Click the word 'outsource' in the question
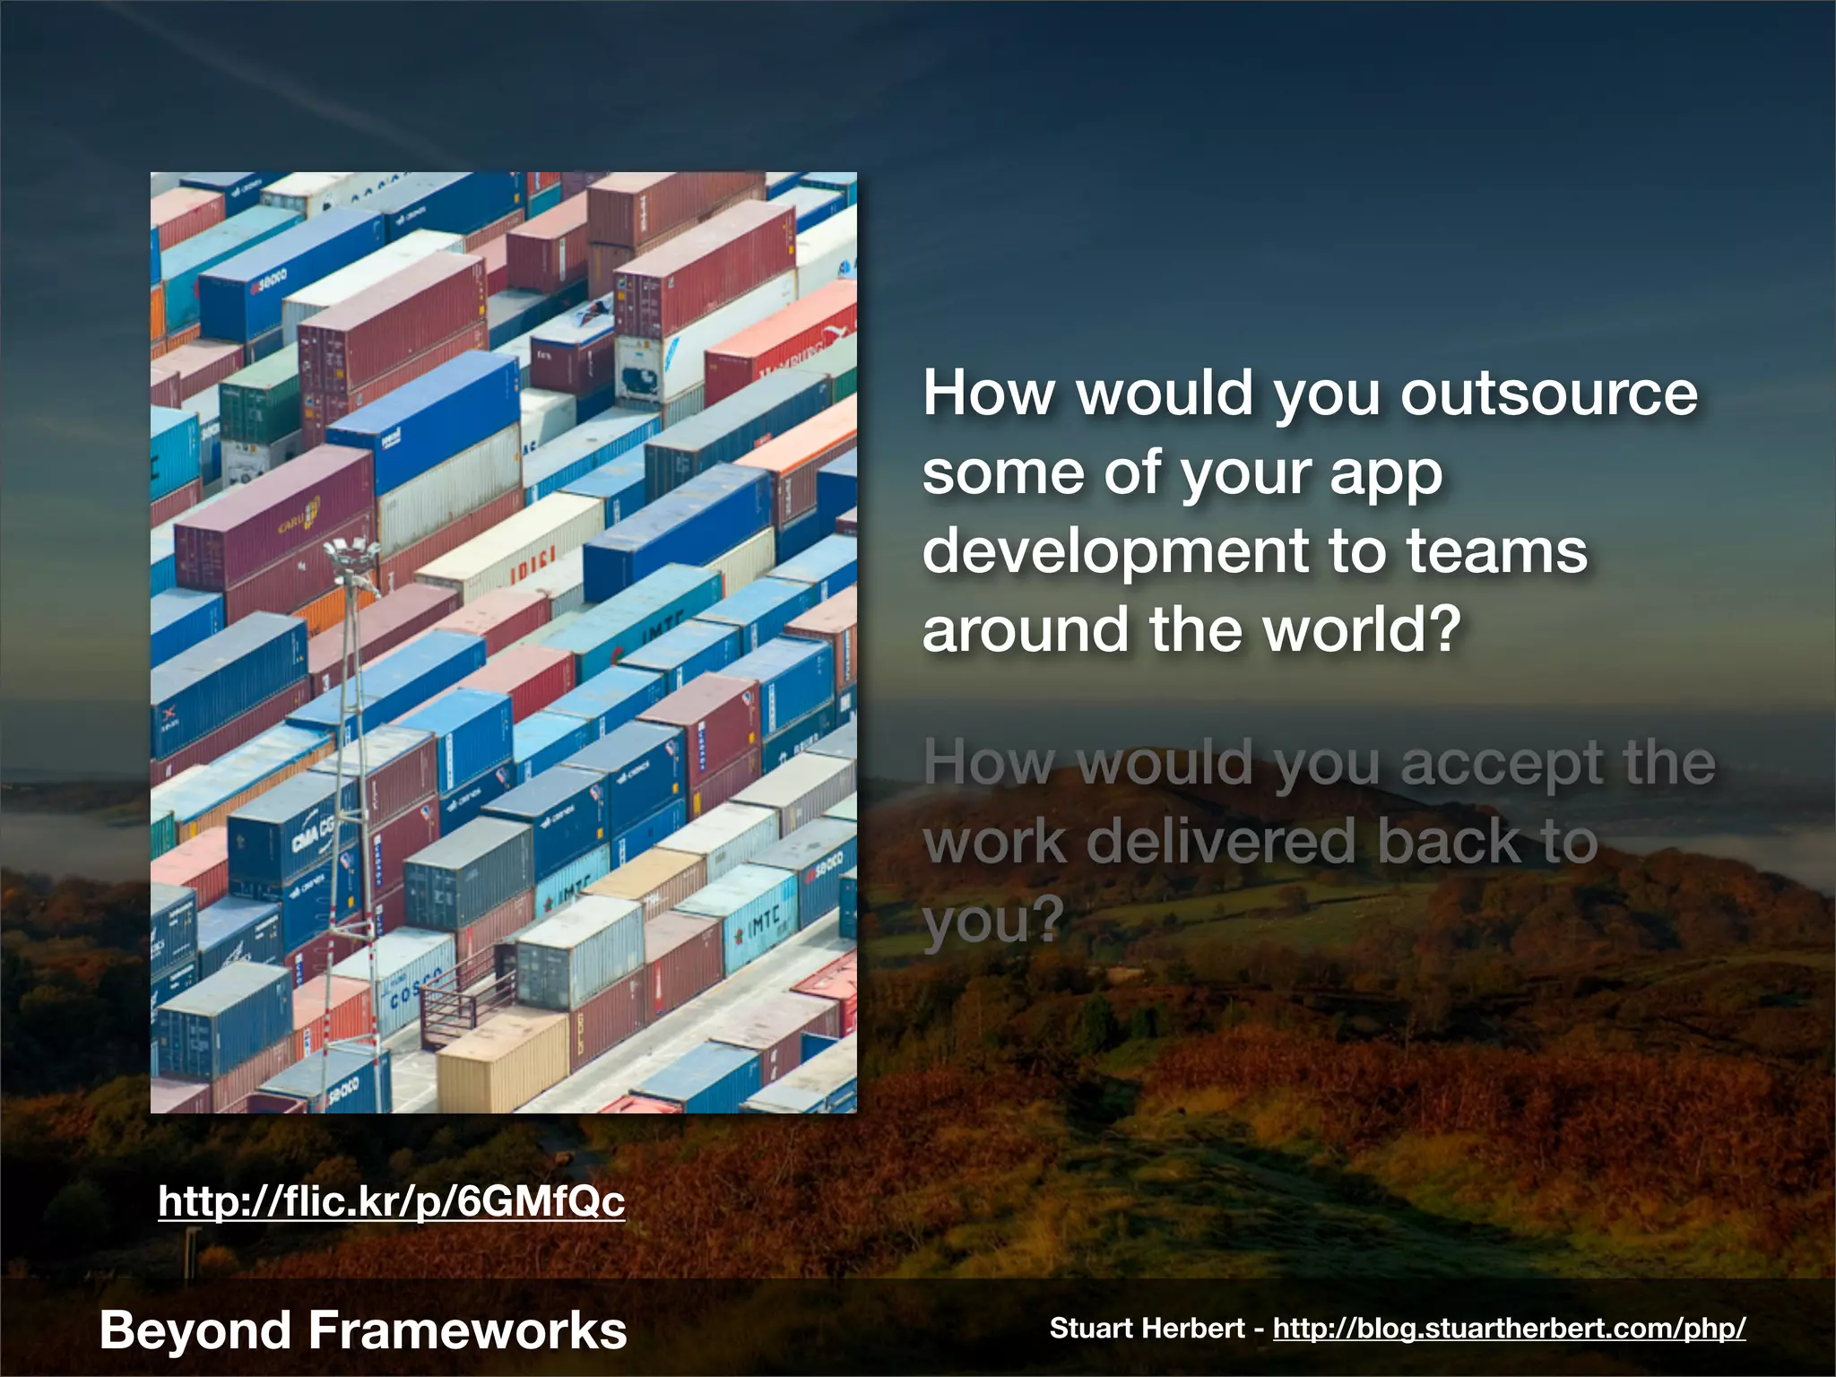1549,394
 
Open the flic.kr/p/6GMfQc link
391,1201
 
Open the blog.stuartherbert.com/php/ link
1509,1329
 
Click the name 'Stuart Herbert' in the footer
1147,1329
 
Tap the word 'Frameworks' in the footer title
467,1330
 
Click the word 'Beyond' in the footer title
195,1330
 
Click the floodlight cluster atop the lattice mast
349,550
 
